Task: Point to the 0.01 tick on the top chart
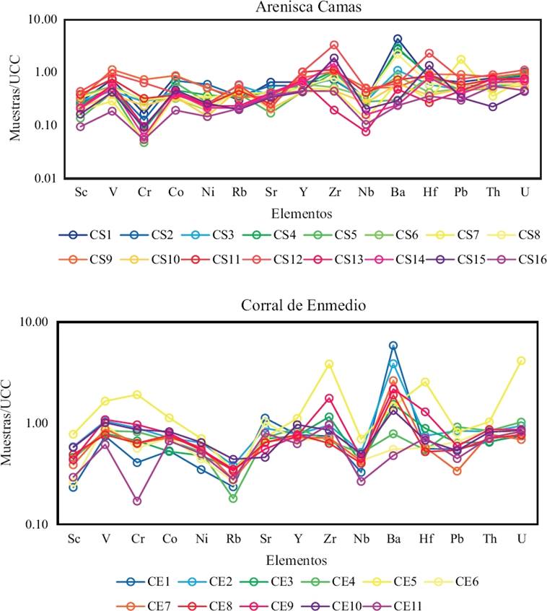point(45,178)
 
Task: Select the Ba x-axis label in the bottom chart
point(393,539)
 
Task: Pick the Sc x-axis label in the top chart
point(80,193)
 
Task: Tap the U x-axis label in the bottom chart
point(521,539)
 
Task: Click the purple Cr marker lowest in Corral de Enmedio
point(137,501)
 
